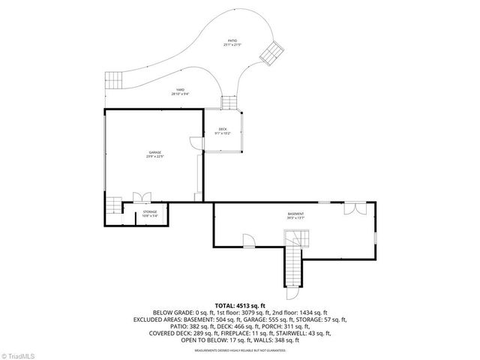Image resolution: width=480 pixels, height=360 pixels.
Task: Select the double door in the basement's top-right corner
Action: tap(354, 207)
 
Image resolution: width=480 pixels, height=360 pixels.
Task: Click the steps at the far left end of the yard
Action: tap(113, 79)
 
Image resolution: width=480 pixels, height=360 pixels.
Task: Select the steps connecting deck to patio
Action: tap(228, 102)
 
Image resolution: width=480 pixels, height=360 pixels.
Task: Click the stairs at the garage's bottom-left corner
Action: tap(113, 205)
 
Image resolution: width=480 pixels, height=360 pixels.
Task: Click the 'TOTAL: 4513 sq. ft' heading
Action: tap(239, 306)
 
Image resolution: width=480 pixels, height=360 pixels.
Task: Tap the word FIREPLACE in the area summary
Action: tap(265, 333)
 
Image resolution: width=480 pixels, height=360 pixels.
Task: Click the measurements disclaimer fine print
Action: tap(239, 350)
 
